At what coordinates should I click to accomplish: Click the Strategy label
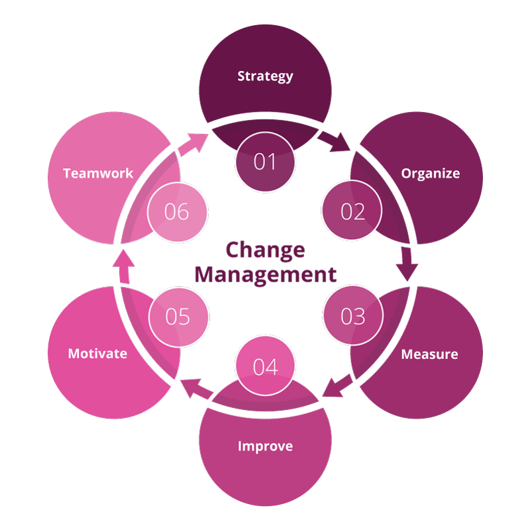(x=265, y=76)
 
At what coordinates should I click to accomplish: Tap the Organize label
(x=430, y=174)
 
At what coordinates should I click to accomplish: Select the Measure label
(x=429, y=354)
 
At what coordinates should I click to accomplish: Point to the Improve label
(x=265, y=446)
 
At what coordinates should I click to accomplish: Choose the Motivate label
(x=97, y=353)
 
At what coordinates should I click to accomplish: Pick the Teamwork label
(x=98, y=174)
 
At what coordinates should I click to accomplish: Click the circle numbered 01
(x=265, y=162)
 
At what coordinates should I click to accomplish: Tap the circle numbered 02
(x=352, y=212)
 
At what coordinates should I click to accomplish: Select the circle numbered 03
(x=352, y=317)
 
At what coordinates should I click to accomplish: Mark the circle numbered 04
(x=265, y=367)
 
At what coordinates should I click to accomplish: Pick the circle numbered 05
(x=178, y=317)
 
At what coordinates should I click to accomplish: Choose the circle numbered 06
(x=178, y=212)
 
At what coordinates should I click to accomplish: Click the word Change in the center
(x=265, y=250)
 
